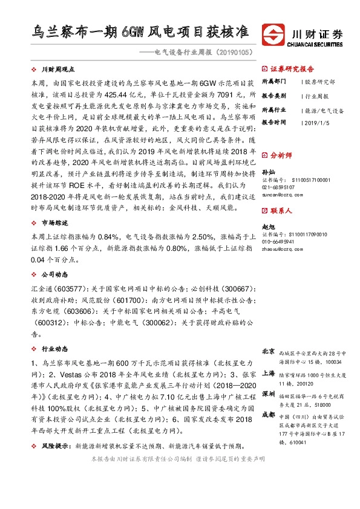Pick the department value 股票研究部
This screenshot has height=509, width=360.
point(320,81)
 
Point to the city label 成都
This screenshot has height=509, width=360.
point(269,415)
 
